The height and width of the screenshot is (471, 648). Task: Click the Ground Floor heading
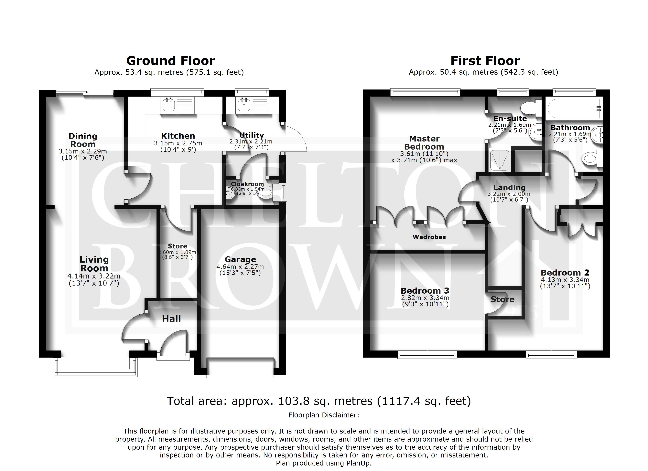171,61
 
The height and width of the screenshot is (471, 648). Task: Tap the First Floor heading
485,61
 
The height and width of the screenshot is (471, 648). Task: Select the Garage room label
240,259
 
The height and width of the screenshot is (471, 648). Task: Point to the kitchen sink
168,105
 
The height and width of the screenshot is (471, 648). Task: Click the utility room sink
244,105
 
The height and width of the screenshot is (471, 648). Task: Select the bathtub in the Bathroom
574,109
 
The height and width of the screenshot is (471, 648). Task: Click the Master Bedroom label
424,142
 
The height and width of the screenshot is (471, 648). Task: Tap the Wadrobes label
429,237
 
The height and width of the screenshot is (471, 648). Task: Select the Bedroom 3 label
425,291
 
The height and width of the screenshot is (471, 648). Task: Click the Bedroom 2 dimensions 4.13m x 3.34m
565,280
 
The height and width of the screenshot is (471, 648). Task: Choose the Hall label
171,319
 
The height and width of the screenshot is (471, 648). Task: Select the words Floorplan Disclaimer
324,415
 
